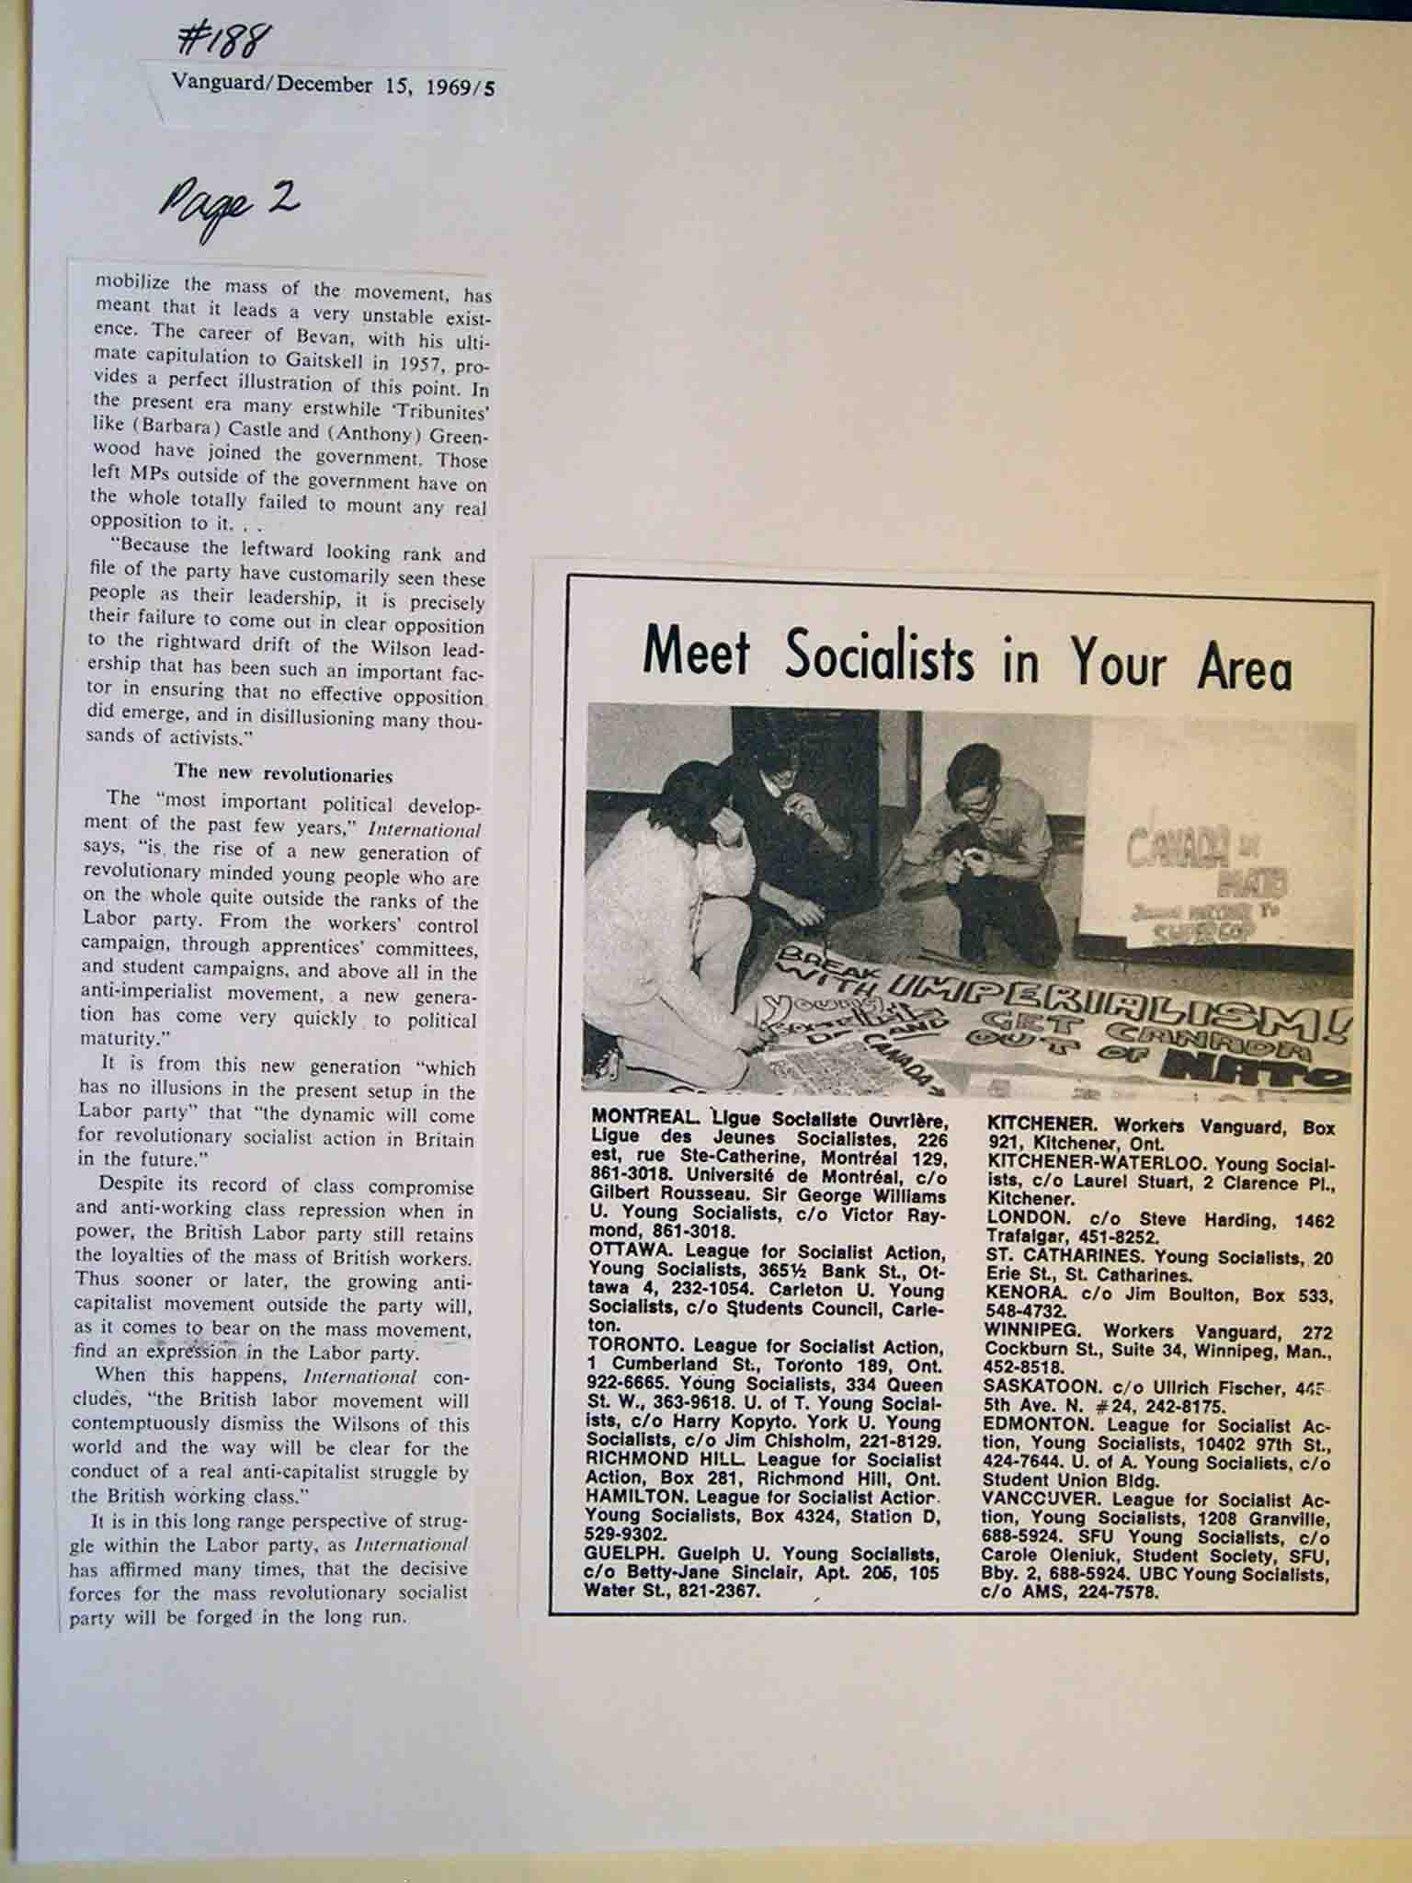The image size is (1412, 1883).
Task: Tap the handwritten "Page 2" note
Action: click(x=229, y=207)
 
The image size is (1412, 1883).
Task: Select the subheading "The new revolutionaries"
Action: click(x=283, y=774)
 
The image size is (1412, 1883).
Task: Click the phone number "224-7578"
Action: click(x=1121, y=1592)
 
